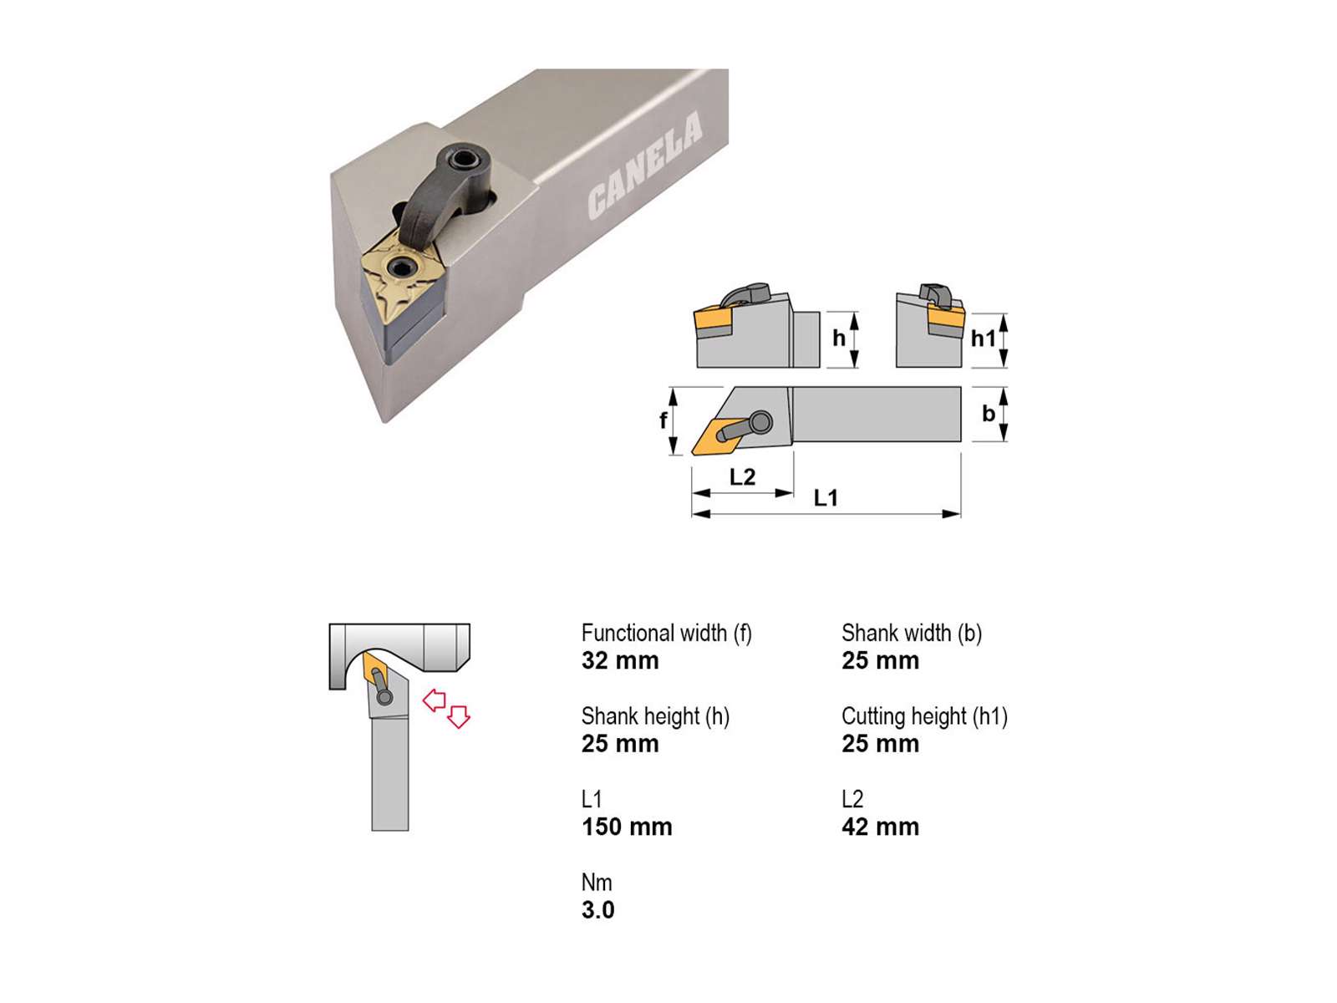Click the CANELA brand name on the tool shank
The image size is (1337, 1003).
[645, 165]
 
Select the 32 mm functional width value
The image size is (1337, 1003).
[619, 661]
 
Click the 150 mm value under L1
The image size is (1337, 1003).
[626, 827]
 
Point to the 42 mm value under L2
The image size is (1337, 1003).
[880, 827]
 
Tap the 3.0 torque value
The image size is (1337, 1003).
[597, 910]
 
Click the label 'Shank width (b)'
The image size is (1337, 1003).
[911, 634]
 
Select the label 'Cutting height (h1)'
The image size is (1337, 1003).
[924, 717]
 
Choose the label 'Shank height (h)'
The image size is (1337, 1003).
[655, 717]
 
